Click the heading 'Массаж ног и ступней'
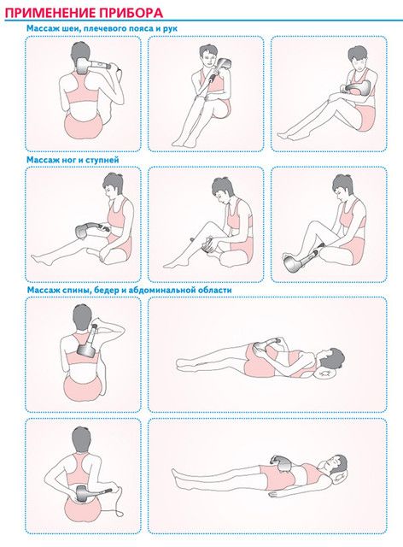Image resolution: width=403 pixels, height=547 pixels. tap(73, 160)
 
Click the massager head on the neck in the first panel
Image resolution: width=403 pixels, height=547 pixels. tap(82, 67)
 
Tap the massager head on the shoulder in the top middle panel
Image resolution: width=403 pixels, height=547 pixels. tap(225, 63)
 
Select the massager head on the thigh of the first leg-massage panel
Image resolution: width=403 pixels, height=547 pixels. tap(82, 232)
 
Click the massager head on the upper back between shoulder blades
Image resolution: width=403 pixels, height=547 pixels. tap(86, 350)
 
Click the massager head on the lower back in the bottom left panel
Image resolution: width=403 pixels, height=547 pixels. tap(83, 494)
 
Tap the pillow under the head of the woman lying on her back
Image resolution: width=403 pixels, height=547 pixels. tap(340, 478)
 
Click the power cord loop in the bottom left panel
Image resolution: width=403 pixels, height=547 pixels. tap(120, 502)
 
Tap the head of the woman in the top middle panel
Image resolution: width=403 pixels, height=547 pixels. tap(208, 56)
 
